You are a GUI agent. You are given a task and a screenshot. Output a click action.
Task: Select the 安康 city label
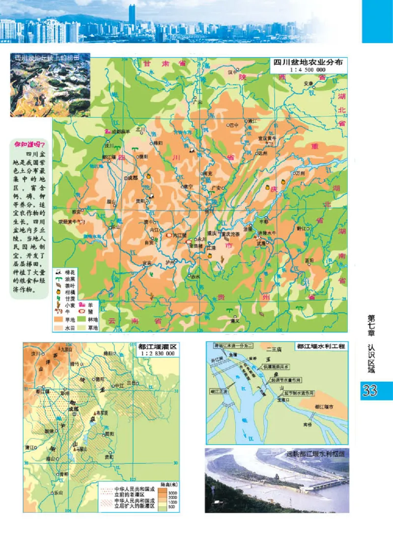coord(308,83)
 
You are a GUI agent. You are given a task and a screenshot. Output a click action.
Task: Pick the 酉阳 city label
coord(309,260)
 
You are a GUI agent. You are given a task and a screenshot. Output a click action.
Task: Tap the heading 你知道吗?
coord(29,145)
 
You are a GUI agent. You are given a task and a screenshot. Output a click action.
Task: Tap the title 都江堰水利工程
coord(321,346)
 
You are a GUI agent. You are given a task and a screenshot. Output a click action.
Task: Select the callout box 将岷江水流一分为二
coord(230,345)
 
